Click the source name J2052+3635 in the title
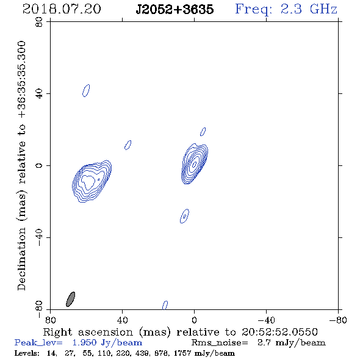(175, 9)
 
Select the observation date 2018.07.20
(62, 9)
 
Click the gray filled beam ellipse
(71, 299)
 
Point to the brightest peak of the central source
(195, 164)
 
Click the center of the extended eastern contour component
(92, 181)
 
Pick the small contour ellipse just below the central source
(184, 216)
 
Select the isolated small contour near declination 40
(86, 90)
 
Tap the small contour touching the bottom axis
(165, 305)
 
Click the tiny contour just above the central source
(203, 132)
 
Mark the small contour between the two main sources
(128, 145)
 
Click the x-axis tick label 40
(122, 320)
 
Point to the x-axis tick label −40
(266, 320)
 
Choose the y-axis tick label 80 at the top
(39, 22)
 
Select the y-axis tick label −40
(39, 237)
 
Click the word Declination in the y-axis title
(21, 259)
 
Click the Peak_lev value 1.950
(84, 342)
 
